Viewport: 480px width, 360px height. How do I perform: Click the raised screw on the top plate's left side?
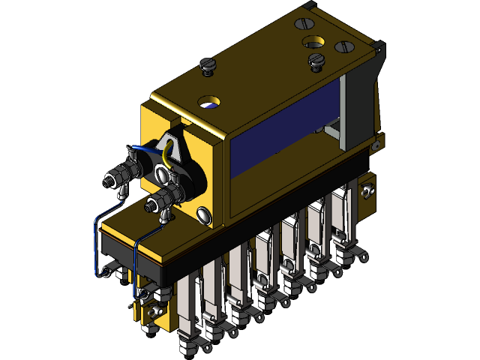[x=208, y=67]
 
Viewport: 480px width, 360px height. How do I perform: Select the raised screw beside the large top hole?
[x=315, y=61]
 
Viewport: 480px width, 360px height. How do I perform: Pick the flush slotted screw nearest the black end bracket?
[x=345, y=46]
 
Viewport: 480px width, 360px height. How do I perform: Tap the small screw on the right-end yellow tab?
[x=367, y=191]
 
